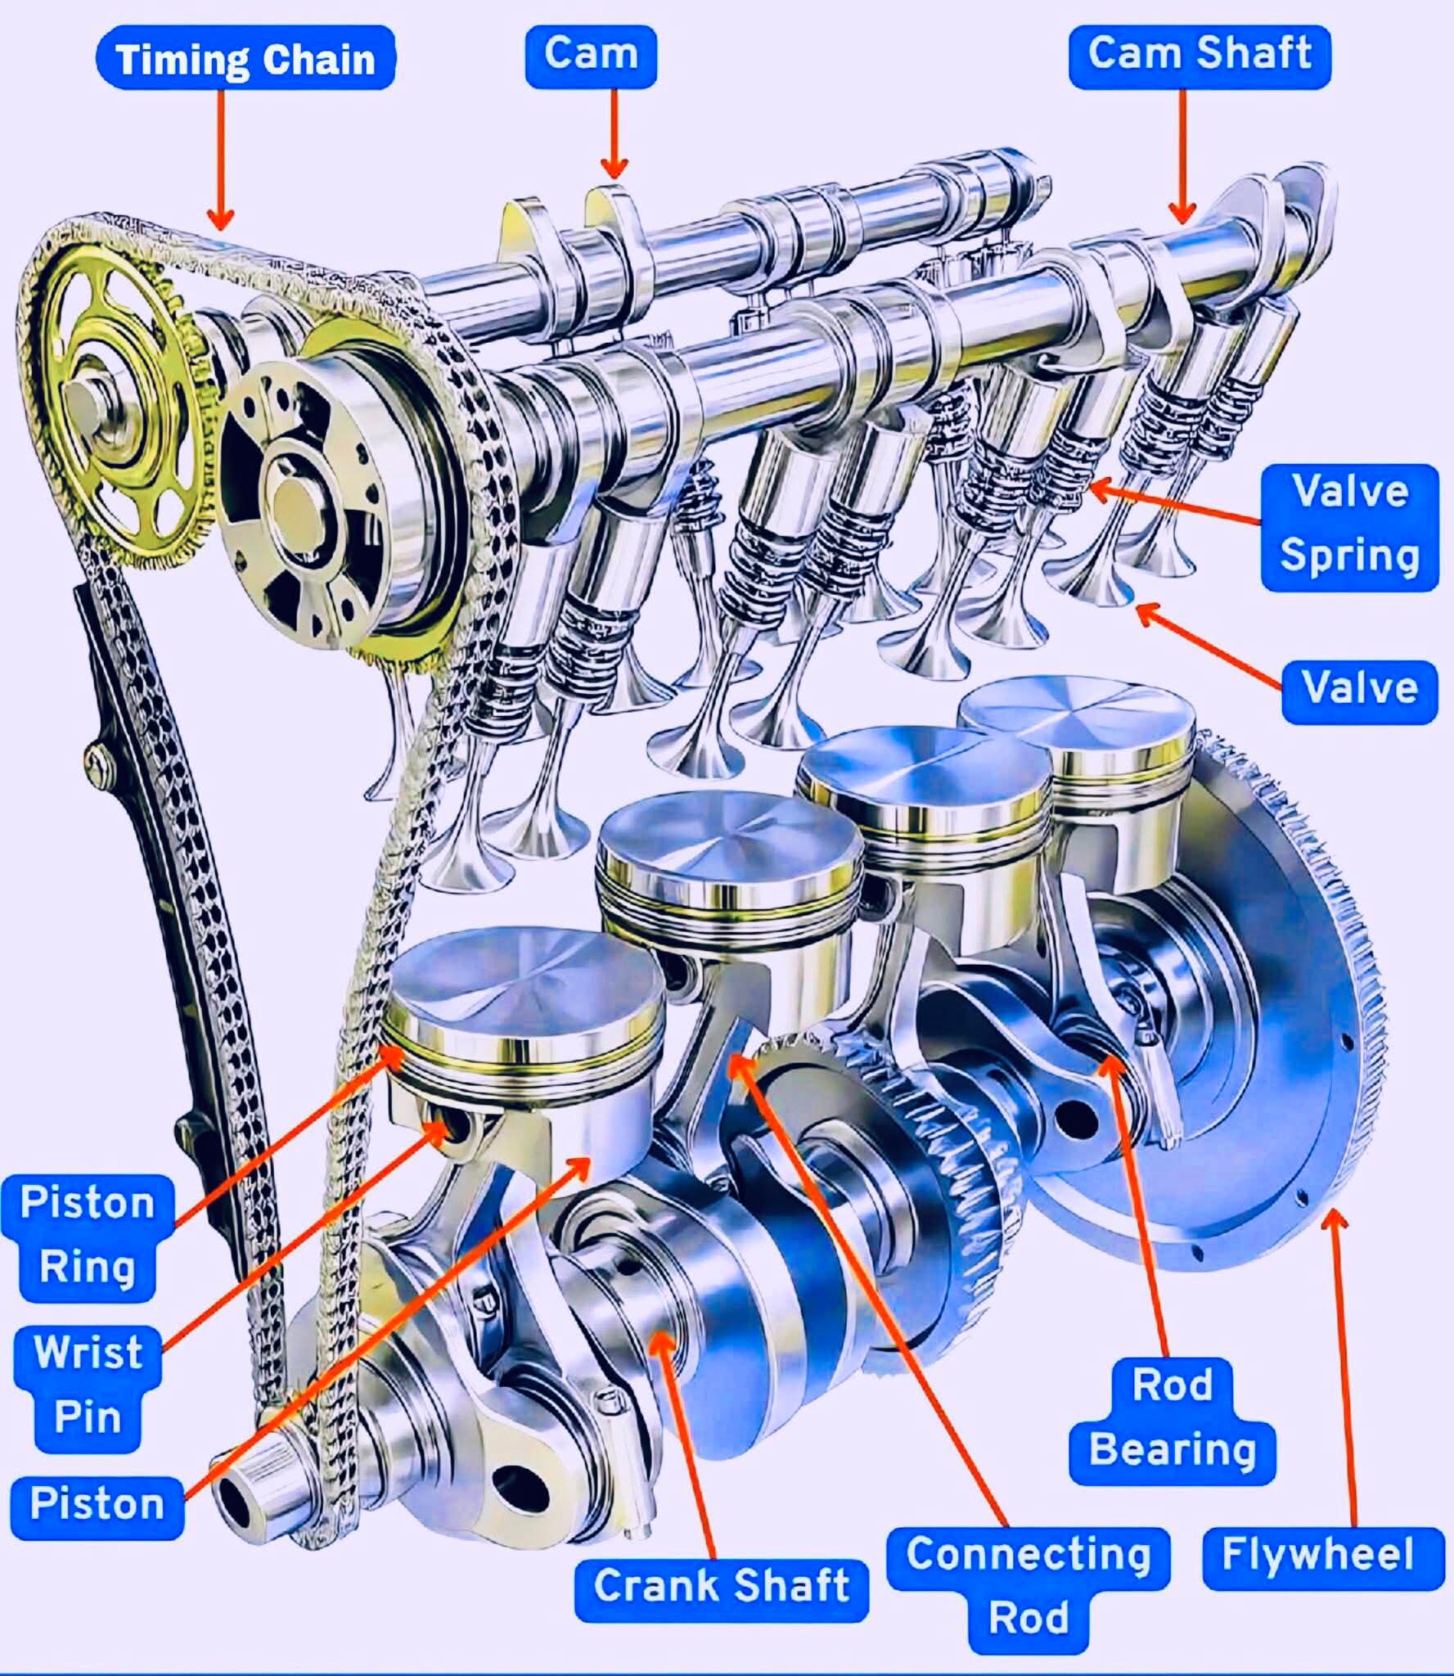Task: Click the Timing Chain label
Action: [245, 59]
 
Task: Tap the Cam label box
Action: [591, 56]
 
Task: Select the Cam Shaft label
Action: [1200, 56]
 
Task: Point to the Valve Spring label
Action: [1349, 527]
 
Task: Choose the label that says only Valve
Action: [1359, 692]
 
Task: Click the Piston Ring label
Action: [88, 1238]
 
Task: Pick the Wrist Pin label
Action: [88, 1389]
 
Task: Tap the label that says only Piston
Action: [97, 1508]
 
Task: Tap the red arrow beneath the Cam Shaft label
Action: [1182, 156]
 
